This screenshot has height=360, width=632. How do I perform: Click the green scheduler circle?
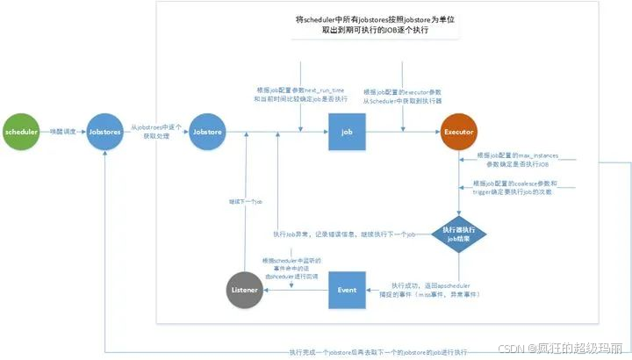click(22, 133)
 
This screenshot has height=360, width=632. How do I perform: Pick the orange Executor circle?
click(461, 133)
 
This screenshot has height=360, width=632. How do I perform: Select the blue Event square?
click(347, 289)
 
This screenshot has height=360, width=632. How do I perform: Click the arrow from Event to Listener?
click(297, 289)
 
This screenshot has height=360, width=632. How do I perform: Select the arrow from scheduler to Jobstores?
click(62, 133)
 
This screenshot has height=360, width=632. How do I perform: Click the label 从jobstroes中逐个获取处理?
click(156, 133)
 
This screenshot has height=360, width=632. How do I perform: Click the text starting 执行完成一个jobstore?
click(378, 352)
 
